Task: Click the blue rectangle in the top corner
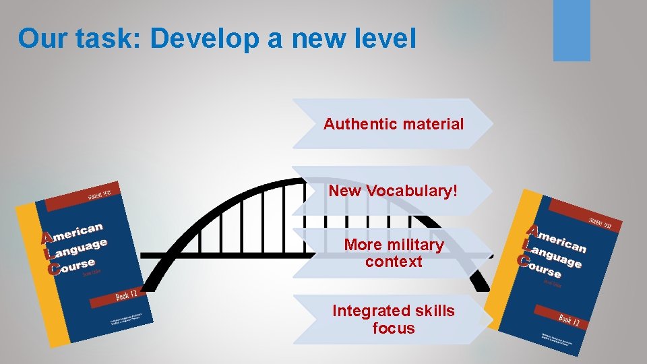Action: [572, 30]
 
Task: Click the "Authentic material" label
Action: [394, 124]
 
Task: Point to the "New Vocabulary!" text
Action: [393, 191]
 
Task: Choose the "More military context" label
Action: [394, 253]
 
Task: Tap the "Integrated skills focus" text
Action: [394, 320]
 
